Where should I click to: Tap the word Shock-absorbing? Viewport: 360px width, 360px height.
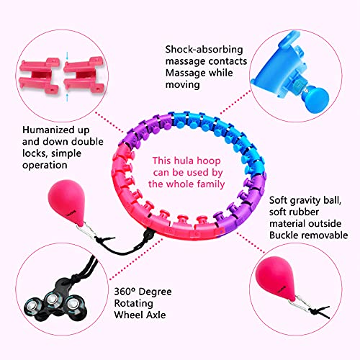pyautogui.click(x=204, y=50)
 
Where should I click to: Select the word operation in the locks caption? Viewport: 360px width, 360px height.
pyautogui.click(x=45, y=166)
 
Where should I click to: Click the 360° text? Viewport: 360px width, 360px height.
pyautogui.click(x=124, y=292)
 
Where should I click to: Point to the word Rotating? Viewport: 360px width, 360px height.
pyautogui.click(x=133, y=303)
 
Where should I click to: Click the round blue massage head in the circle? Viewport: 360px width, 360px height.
pyautogui.click(x=316, y=99)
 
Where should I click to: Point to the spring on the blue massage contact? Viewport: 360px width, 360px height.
pyautogui.click(x=300, y=87)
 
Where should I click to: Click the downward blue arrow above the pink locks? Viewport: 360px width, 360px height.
pyautogui.click(x=67, y=56)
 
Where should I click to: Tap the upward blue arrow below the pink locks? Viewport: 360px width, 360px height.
pyautogui.click(x=67, y=98)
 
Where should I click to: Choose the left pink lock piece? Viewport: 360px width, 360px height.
pyautogui.click(x=40, y=76)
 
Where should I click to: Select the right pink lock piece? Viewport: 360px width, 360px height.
pyautogui.click(x=84, y=74)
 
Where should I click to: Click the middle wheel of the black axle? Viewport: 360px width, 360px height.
pyautogui.click(x=53, y=300)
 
